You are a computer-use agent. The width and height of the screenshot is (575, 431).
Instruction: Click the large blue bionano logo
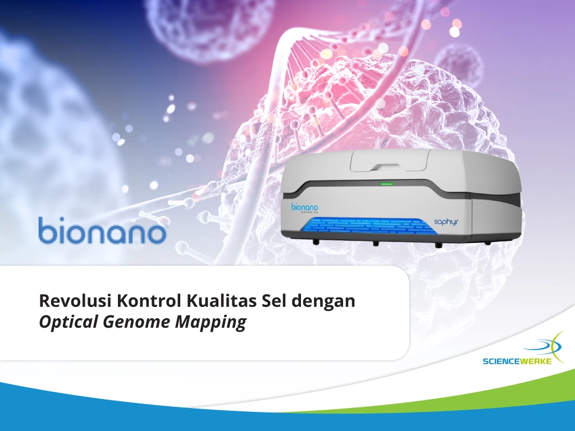pos(102,231)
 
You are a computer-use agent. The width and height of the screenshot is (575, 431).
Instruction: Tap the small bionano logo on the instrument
pos(304,208)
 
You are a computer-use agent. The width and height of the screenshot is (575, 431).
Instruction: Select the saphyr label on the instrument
pos(446,222)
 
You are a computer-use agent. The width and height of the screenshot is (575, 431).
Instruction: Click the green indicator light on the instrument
pos(386,184)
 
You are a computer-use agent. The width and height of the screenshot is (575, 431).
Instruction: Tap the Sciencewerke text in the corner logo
pos(517,361)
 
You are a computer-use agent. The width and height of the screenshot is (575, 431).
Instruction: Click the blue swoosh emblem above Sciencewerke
pos(543,345)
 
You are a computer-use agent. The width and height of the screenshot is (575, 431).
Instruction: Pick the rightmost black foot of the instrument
pos(487,243)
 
